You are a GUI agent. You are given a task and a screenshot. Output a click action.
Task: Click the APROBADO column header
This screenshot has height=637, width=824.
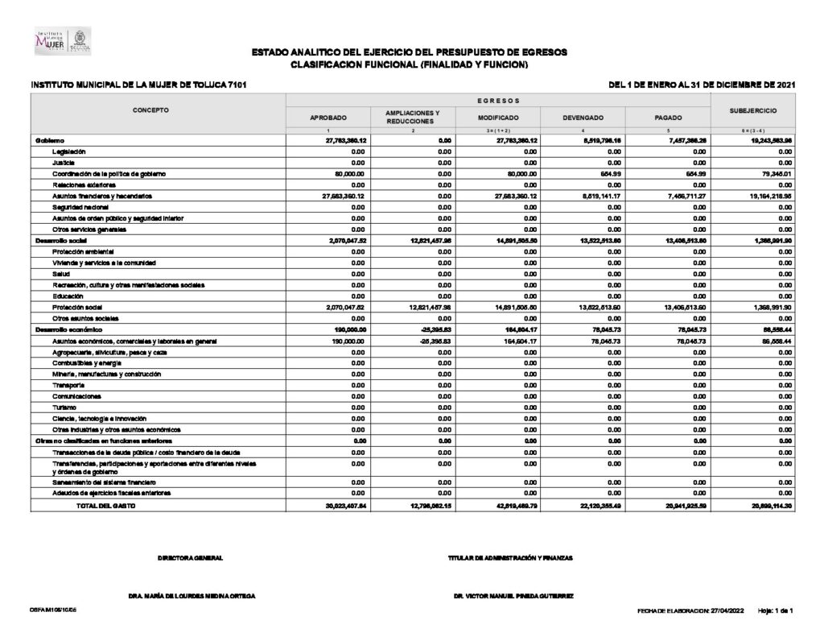[x=328, y=118]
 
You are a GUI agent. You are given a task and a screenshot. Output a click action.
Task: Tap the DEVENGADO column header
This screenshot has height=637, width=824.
[x=583, y=118]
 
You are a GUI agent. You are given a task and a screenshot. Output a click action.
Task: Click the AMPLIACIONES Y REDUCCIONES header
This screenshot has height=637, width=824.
[x=413, y=118]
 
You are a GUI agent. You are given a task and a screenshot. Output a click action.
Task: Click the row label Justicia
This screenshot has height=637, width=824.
[x=64, y=163]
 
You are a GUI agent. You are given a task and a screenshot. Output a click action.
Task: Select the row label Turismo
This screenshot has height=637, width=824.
[x=64, y=407]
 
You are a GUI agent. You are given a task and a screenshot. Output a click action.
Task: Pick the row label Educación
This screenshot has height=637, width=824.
[x=68, y=296]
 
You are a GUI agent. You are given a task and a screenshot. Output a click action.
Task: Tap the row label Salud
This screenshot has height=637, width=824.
[x=61, y=274]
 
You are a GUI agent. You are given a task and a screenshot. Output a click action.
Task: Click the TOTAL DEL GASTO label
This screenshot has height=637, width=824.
[x=105, y=505]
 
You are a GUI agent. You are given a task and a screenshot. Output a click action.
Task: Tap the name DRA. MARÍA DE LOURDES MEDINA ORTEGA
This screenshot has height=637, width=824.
[x=192, y=596]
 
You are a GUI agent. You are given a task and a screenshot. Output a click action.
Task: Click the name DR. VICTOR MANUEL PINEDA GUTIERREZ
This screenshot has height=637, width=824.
[x=513, y=596]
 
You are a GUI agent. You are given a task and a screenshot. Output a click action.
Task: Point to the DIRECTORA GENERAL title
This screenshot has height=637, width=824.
[x=191, y=558]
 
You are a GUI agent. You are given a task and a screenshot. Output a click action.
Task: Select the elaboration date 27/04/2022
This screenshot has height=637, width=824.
[x=728, y=610]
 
